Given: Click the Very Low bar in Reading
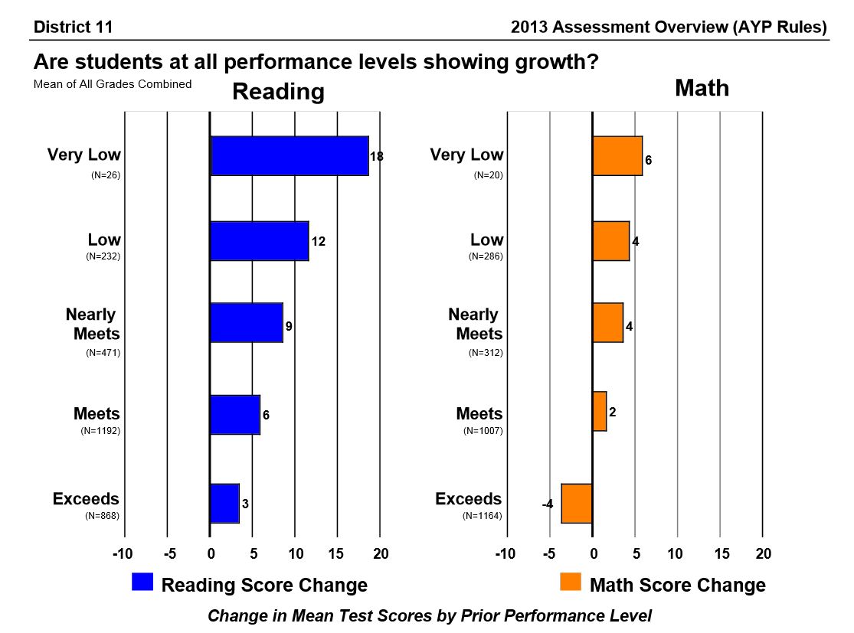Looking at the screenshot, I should pyautogui.click(x=290, y=156).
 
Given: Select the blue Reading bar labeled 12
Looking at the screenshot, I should pyautogui.click(x=260, y=241).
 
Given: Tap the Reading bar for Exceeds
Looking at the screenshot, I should pyautogui.click(x=225, y=504).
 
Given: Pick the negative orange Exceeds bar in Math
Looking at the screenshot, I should pyautogui.click(x=577, y=504).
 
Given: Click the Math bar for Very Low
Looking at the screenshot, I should pyautogui.click(x=617, y=156).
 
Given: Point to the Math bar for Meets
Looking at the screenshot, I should pyautogui.click(x=600, y=412).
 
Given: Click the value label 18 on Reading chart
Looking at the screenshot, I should pyautogui.click(x=377, y=157).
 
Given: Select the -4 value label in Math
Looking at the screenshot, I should pyautogui.click(x=548, y=504).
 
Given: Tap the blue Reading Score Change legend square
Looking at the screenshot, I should pyautogui.click(x=143, y=582).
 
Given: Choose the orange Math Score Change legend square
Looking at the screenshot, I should pyautogui.click(x=571, y=582).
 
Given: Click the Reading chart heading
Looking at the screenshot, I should pyautogui.click(x=278, y=92).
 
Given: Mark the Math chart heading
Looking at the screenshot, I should pyautogui.click(x=702, y=88).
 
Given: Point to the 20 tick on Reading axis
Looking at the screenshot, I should pyautogui.click(x=381, y=553).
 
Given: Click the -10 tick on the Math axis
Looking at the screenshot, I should pyautogui.click(x=506, y=553).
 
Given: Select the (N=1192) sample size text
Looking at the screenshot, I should pyautogui.click(x=100, y=431).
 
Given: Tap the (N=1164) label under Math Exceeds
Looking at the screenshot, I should pyautogui.click(x=483, y=516).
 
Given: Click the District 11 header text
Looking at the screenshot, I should pyautogui.click(x=74, y=28).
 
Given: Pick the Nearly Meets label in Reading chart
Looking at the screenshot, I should pyautogui.click(x=93, y=324).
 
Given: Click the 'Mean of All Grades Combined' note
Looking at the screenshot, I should pyautogui.click(x=113, y=84).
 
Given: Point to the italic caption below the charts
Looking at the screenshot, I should pyautogui.click(x=430, y=615).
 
